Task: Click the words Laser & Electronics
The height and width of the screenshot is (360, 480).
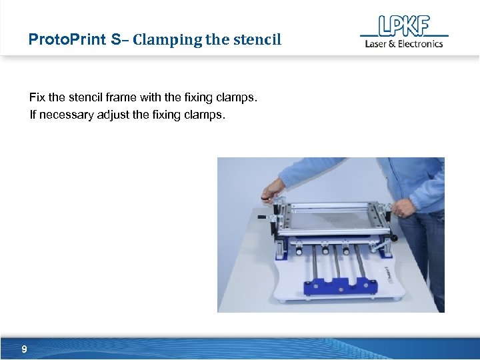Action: tap(404, 44)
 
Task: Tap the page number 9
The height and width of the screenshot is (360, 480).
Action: tap(25, 349)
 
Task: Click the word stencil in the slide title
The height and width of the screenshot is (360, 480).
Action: tap(257, 39)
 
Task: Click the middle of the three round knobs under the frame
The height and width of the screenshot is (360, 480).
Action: tap(325, 251)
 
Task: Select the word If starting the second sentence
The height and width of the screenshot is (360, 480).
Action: tap(33, 115)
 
